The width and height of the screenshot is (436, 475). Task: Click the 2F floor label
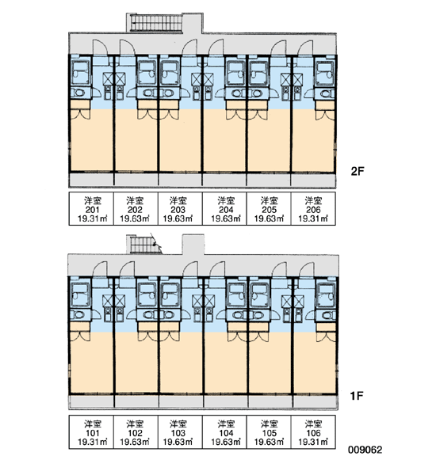[x=357, y=172]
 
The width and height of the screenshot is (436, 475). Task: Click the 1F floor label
[x=357, y=395]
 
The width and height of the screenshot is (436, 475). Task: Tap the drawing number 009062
[x=365, y=450]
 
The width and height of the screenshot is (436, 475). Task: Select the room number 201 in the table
[x=93, y=210]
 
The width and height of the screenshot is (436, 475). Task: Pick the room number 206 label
[x=313, y=210]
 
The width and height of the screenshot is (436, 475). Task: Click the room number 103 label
[x=178, y=433]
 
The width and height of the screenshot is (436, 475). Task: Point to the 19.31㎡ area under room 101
[x=93, y=442]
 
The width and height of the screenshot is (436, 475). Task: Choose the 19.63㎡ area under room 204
[x=226, y=218]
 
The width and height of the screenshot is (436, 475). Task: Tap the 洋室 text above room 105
[x=269, y=424]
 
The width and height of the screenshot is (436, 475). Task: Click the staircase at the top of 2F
[x=156, y=23]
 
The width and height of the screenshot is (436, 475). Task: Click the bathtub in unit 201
[x=80, y=72]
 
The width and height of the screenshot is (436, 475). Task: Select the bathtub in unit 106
[x=325, y=295]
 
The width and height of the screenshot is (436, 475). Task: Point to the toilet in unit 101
[x=80, y=315]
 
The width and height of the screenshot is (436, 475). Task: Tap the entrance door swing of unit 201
[x=100, y=47]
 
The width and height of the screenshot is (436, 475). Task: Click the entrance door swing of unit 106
[x=307, y=270]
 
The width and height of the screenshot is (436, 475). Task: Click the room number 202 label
[x=135, y=210]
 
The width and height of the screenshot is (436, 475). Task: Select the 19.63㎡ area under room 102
[x=135, y=442]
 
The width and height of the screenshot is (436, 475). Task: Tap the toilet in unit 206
[x=325, y=93]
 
